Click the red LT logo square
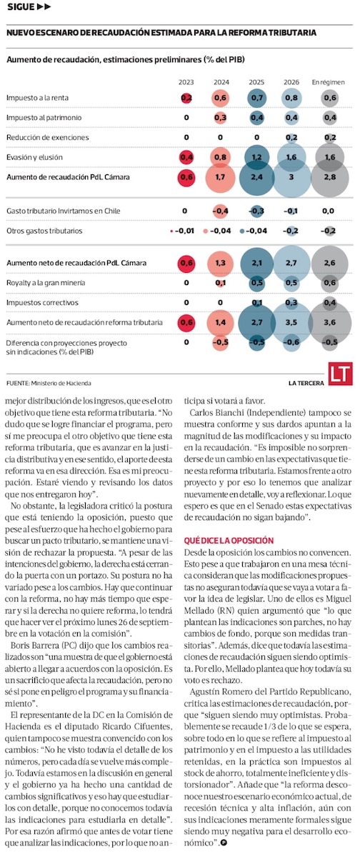point(340,374)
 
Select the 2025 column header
point(256,82)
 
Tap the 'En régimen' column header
point(328,82)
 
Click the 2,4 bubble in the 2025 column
point(256,177)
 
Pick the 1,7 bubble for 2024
point(220,177)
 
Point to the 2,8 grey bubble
point(330,177)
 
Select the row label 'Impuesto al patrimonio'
point(44,118)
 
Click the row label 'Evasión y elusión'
point(34,157)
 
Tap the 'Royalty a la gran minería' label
point(46,283)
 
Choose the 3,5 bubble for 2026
point(291,322)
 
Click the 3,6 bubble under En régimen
point(330,322)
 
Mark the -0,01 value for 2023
point(183,231)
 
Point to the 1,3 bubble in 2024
point(220,263)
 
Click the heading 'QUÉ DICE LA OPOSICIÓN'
point(229,541)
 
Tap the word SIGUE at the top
point(21,7)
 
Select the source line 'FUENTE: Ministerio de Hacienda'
point(49,383)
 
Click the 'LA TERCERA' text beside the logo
point(306,383)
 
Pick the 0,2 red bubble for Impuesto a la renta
point(186,98)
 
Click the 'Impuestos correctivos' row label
point(42,303)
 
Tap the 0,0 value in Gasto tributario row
point(328,211)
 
